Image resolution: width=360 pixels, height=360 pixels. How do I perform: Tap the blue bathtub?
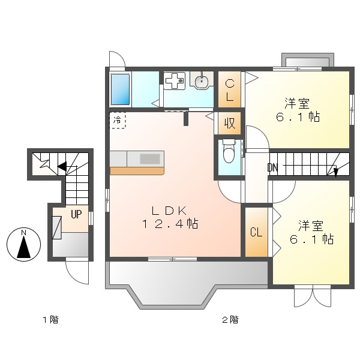click(121, 89)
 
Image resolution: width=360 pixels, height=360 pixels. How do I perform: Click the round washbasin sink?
click(202, 80)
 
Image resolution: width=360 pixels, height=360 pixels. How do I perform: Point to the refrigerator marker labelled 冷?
click(118, 120)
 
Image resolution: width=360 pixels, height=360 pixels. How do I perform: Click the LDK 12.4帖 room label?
click(170, 217)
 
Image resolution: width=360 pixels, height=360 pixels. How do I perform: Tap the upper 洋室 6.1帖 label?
click(298, 110)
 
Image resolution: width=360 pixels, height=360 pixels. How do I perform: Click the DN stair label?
click(273, 167)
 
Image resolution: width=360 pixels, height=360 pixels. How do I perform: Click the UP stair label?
click(76, 214)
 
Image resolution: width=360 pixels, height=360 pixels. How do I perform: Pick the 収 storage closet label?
click(230, 123)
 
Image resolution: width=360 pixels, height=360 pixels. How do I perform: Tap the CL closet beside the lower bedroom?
click(256, 233)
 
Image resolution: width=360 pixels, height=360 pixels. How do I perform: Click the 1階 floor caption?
click(50, 320)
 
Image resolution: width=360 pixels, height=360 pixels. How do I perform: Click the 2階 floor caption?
click(230, 320)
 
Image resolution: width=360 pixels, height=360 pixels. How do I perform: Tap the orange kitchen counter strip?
click(137, 171)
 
